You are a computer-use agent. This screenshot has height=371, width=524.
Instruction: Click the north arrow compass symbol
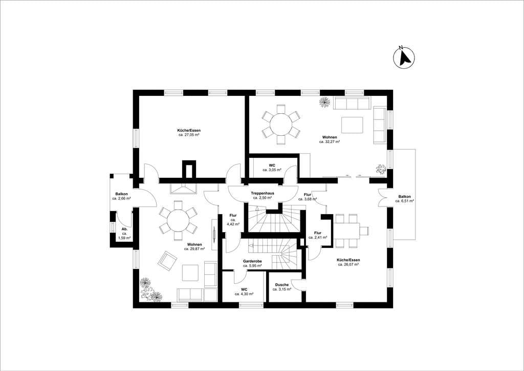pos(404,58)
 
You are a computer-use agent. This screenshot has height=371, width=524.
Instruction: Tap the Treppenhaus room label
pos(263,193)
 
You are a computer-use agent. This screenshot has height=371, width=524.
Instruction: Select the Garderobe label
pos(252,261)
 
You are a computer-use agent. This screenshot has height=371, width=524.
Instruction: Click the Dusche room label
pos(282,285)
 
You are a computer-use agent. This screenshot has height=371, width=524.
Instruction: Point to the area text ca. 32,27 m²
pos(329,142)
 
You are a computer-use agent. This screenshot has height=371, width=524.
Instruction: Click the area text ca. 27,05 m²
pos(189,135)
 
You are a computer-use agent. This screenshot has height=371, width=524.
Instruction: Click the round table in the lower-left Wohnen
pos(178,221)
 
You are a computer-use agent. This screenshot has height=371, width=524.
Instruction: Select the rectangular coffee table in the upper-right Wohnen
pos(352,125)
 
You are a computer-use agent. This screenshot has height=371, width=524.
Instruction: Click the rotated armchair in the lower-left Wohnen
pos(167,261)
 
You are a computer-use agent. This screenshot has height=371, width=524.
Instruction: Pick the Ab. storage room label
pos(124,229)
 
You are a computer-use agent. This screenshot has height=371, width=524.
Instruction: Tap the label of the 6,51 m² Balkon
pos(404,197)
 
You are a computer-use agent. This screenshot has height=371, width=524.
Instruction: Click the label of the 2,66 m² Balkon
pos(121,194)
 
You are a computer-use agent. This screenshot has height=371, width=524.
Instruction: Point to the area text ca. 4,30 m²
pos(244,294)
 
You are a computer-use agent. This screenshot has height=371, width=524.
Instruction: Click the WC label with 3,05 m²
pos(272,166)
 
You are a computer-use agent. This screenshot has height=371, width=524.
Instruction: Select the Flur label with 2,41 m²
pos(318,233)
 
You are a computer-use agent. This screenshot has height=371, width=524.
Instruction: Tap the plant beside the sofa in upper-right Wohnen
pos(324,102)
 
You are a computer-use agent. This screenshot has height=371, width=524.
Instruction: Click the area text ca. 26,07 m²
pos(348,264)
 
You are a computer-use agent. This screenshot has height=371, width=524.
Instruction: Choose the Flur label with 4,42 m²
pos(233,216)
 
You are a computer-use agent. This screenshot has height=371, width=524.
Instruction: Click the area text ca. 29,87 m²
pos(194,249)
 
